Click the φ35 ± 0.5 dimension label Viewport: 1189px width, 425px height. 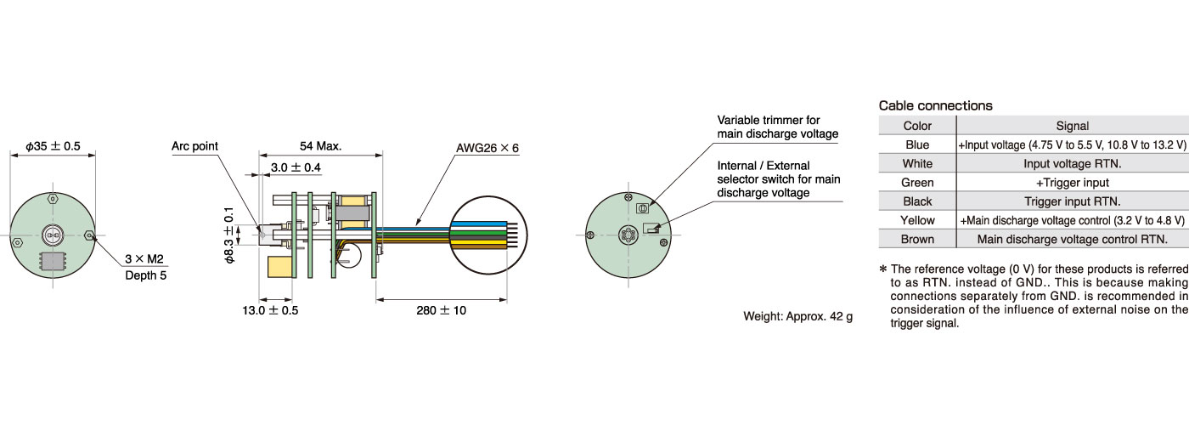(x=53, y=146)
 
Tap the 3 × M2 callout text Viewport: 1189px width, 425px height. (x=144, y=258)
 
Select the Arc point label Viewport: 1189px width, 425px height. (x=194, y=146)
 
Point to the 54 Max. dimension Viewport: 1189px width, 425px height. (x=321, y=146)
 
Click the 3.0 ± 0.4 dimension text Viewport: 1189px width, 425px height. (x=296, y=167)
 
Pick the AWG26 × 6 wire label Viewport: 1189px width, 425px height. (x=487, y=148)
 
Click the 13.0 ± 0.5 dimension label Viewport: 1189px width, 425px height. (x=270, y=310)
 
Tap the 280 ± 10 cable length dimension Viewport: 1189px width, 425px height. (x=441, y=310)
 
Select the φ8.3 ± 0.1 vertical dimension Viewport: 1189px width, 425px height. (x=228, y=235)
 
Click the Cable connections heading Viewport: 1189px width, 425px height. (x=935, y=105)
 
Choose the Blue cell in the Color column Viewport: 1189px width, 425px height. (x=917, y=144)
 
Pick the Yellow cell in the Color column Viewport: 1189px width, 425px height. (x=917, y=220)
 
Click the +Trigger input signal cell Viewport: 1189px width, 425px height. (x=1072, y=182)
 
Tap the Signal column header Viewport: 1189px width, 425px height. (x=1072, y=126)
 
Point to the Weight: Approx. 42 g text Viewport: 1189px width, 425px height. (x=797, y=316)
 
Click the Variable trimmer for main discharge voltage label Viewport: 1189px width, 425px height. (x=778, y=127)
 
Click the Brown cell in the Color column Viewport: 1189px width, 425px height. (x=917, y=239)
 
